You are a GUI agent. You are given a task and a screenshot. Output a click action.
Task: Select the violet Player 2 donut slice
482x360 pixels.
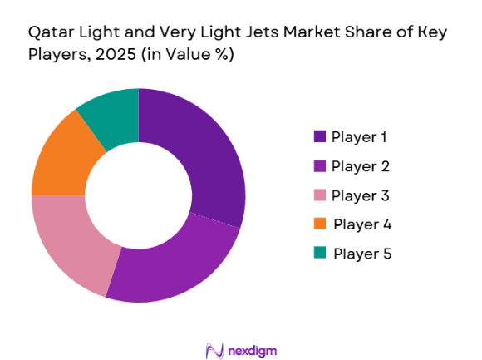point(174,261)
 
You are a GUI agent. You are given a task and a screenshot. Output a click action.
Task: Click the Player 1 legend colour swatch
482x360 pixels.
point(319,137)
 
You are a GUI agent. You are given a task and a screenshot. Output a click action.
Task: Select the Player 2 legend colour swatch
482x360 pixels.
point(319,166)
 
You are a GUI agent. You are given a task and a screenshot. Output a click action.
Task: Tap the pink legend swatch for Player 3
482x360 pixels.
point(319,195)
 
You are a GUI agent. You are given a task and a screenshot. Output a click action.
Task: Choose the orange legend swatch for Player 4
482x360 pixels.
point(319,224)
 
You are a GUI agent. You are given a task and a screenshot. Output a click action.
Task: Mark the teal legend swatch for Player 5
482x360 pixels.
point(319,253)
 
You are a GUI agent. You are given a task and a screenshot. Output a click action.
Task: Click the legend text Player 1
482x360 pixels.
point(359,137)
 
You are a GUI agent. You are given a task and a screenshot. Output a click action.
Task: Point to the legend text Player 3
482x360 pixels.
point(359,195)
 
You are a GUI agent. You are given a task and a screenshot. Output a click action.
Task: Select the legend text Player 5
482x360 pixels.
point(361,253)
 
